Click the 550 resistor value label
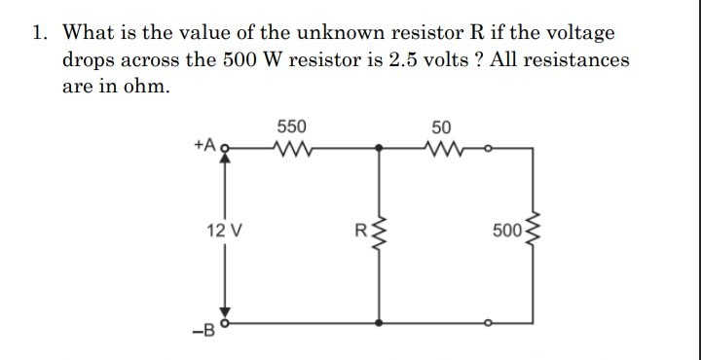tap(291, 126)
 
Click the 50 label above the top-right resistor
tap(441, 126)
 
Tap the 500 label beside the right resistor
tap(507, 232)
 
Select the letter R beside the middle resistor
tap(359, 232)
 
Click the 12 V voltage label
tap(225, 232)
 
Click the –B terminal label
tap(205, 327)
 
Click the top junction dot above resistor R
tap(378, 149)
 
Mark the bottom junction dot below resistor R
tap(378, 321)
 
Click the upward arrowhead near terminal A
tap(226, 162)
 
